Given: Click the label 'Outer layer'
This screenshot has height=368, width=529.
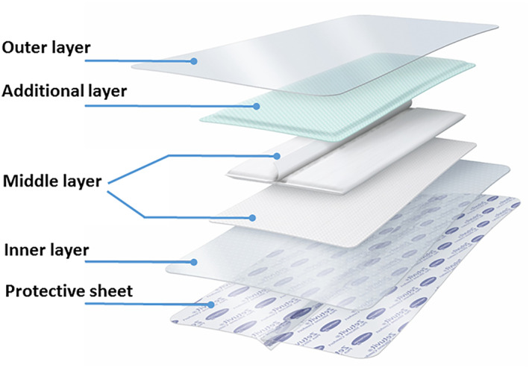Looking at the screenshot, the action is coord(46,49).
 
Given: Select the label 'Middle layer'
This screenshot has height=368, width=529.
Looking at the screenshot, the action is coord(52,181).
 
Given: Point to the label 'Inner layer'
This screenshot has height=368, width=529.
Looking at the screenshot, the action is coord(46,250).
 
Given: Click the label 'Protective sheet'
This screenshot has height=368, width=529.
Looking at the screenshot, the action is coord(69,290).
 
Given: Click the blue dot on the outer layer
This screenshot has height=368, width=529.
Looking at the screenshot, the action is coord(193,61).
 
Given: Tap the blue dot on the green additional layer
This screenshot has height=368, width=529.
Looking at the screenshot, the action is coord(257,106).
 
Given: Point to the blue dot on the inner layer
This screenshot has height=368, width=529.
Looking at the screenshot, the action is coord(194,262).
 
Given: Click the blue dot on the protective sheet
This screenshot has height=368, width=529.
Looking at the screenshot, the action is coord(212,305).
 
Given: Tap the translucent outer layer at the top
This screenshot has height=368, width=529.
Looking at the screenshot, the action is coord(336,52).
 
